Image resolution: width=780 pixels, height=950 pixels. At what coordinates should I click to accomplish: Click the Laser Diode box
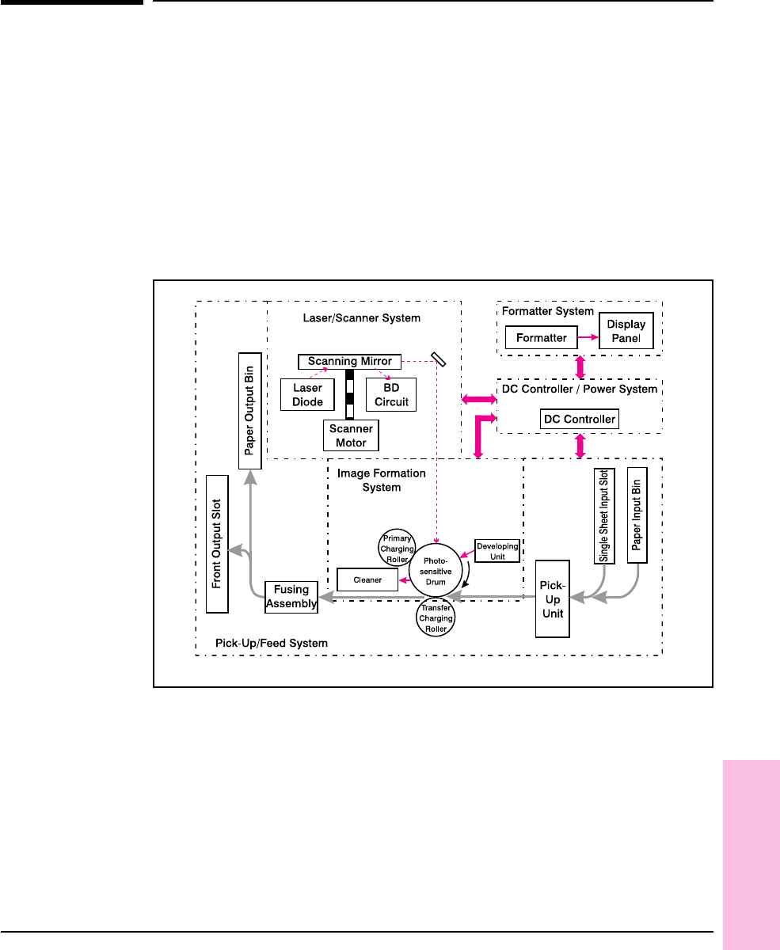point(307,395)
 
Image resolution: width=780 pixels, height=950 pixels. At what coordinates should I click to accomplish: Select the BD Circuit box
point(391,395)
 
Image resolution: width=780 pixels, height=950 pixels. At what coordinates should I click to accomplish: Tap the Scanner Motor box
point(350,435)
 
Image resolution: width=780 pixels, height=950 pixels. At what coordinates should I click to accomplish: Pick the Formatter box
point(541,338)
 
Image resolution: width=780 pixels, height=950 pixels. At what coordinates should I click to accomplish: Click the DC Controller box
point(578,419)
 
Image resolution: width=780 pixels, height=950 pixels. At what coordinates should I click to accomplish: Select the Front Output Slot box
point(217,544)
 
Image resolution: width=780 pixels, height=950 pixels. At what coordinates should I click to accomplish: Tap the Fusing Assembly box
point(291,597)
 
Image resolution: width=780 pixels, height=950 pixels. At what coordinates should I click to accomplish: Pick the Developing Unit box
point(497,550)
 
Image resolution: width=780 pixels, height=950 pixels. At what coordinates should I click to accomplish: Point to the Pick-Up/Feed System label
point(272,644)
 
